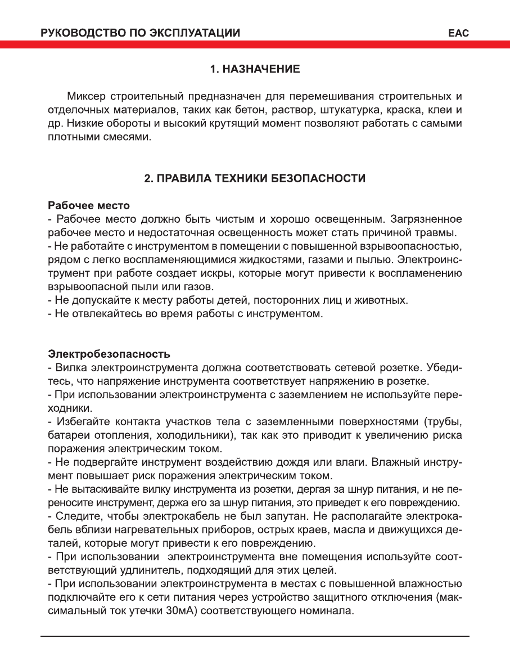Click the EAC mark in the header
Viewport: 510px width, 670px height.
pyautogui.click(x=458, y=33)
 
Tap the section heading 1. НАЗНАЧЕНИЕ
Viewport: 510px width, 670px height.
pyautogui.click(x=255, y=69)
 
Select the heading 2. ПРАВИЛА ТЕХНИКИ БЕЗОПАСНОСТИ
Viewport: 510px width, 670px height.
pyautogui.click(x=255, y=179)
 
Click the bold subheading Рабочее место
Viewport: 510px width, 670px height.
pyautogui.click(x=89, y=205)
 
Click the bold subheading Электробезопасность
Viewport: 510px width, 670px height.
pyautogui.click(x=109, y=354)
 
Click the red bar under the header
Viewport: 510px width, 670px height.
pyautogui.click(x=255, y=44)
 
